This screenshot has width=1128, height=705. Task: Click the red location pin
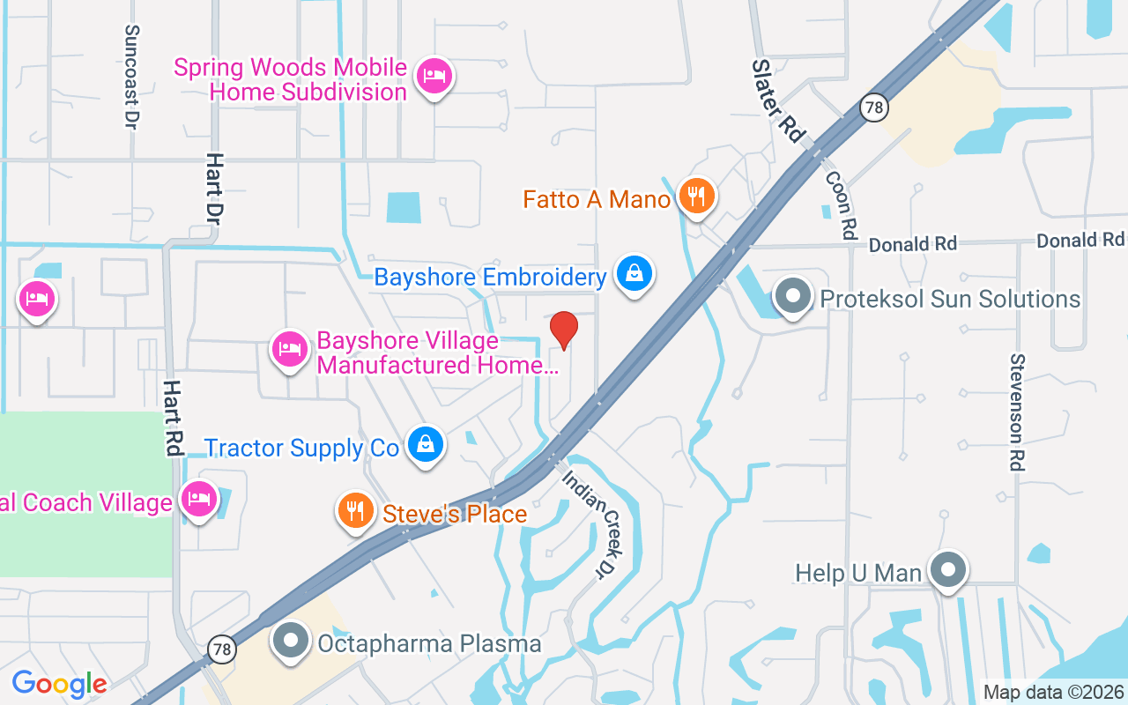[x=564, y=330]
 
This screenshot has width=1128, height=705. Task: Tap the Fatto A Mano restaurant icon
[x=697, y=197]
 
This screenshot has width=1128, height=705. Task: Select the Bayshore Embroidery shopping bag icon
[x=634, y=275]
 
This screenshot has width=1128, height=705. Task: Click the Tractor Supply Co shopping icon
[x=426, y=445]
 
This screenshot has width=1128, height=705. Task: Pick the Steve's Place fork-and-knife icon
[x=355, y=511]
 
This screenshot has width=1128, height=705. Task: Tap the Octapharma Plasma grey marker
[x=291, y=642]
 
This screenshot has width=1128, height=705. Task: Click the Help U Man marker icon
[x=948, y=570]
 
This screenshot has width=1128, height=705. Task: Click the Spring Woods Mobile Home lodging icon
[x=434, y=77]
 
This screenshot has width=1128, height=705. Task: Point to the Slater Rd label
[x=778, y=101]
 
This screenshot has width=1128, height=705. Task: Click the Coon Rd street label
[x=842, y=204]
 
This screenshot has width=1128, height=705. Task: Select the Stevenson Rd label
[x=1019, y=412]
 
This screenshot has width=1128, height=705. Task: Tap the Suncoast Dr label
[x=132, y=77]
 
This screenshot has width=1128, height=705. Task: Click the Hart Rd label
[x=173, y=419]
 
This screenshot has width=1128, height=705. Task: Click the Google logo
[x=59, y=684]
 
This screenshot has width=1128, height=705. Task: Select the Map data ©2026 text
[x=1053, y=693]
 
